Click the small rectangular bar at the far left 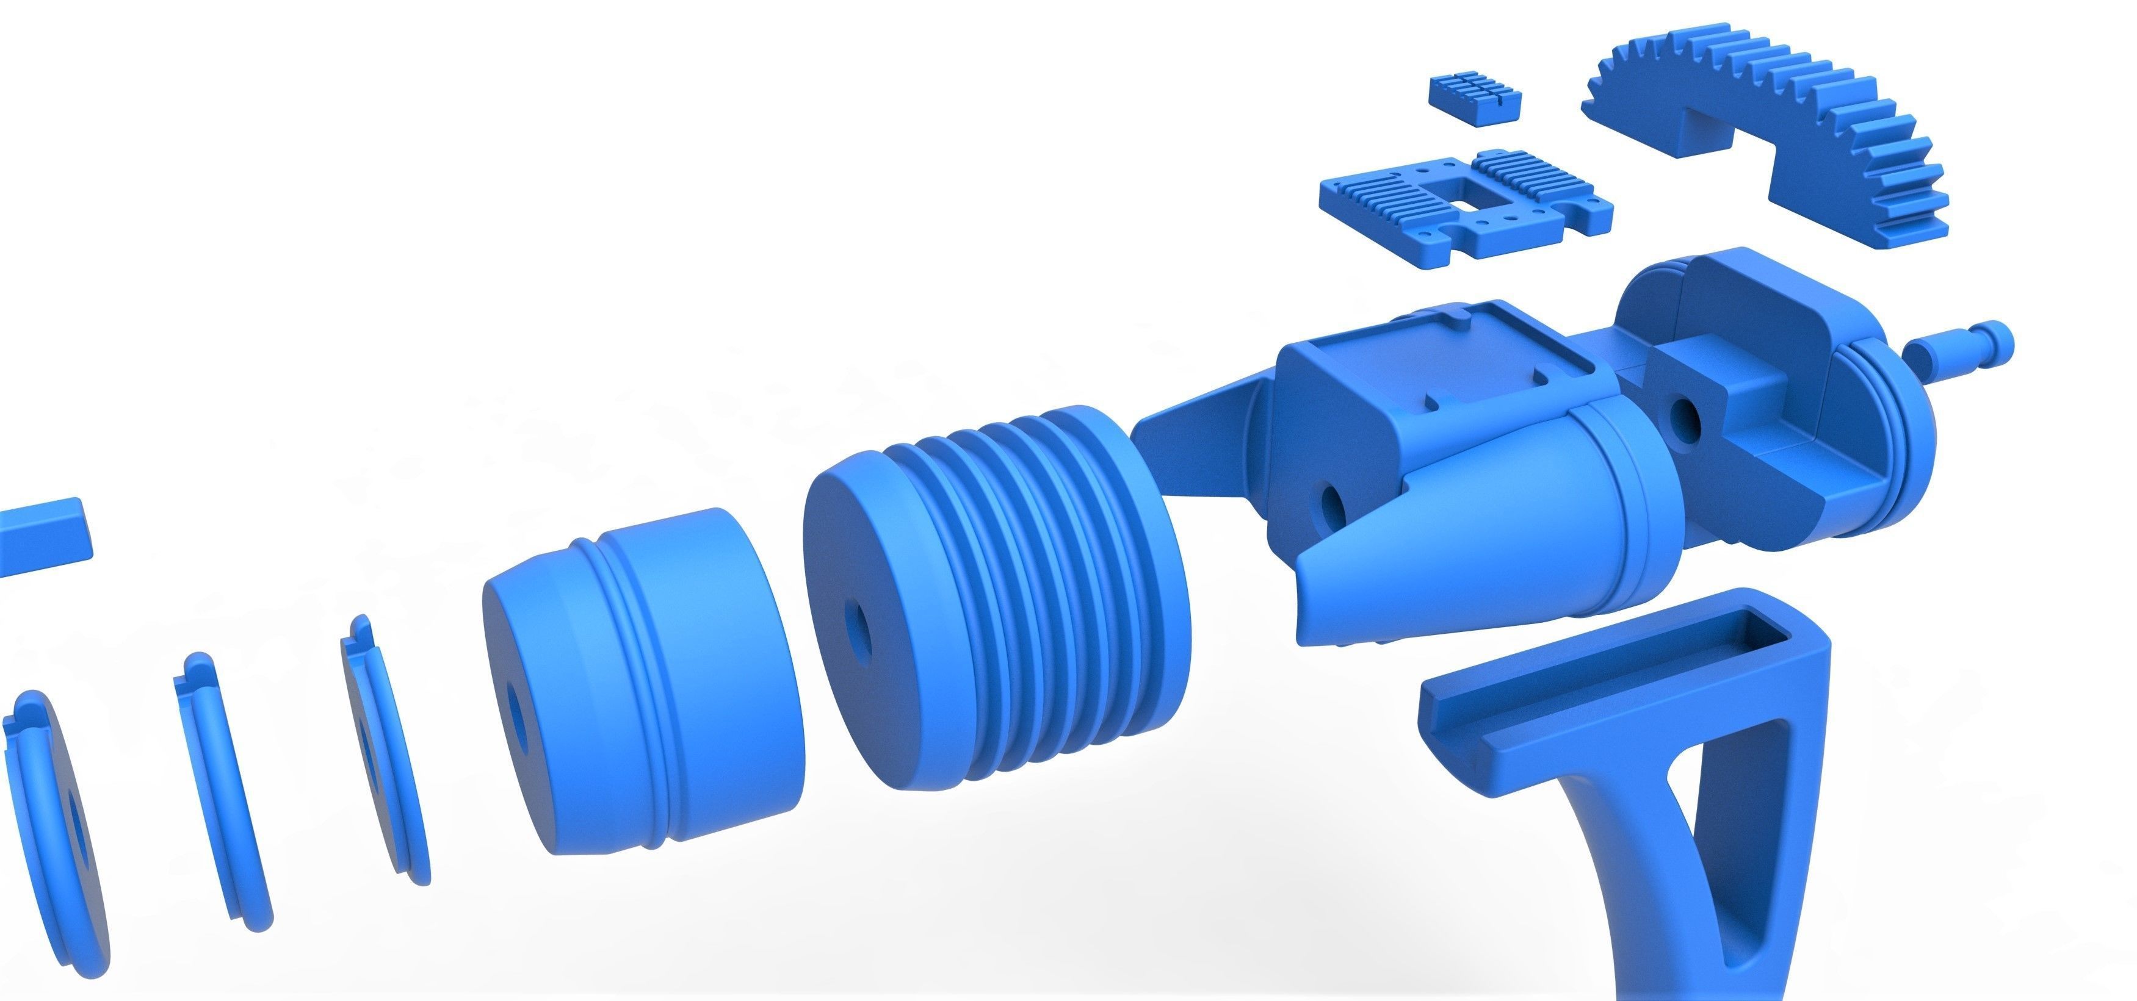[42, 539]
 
